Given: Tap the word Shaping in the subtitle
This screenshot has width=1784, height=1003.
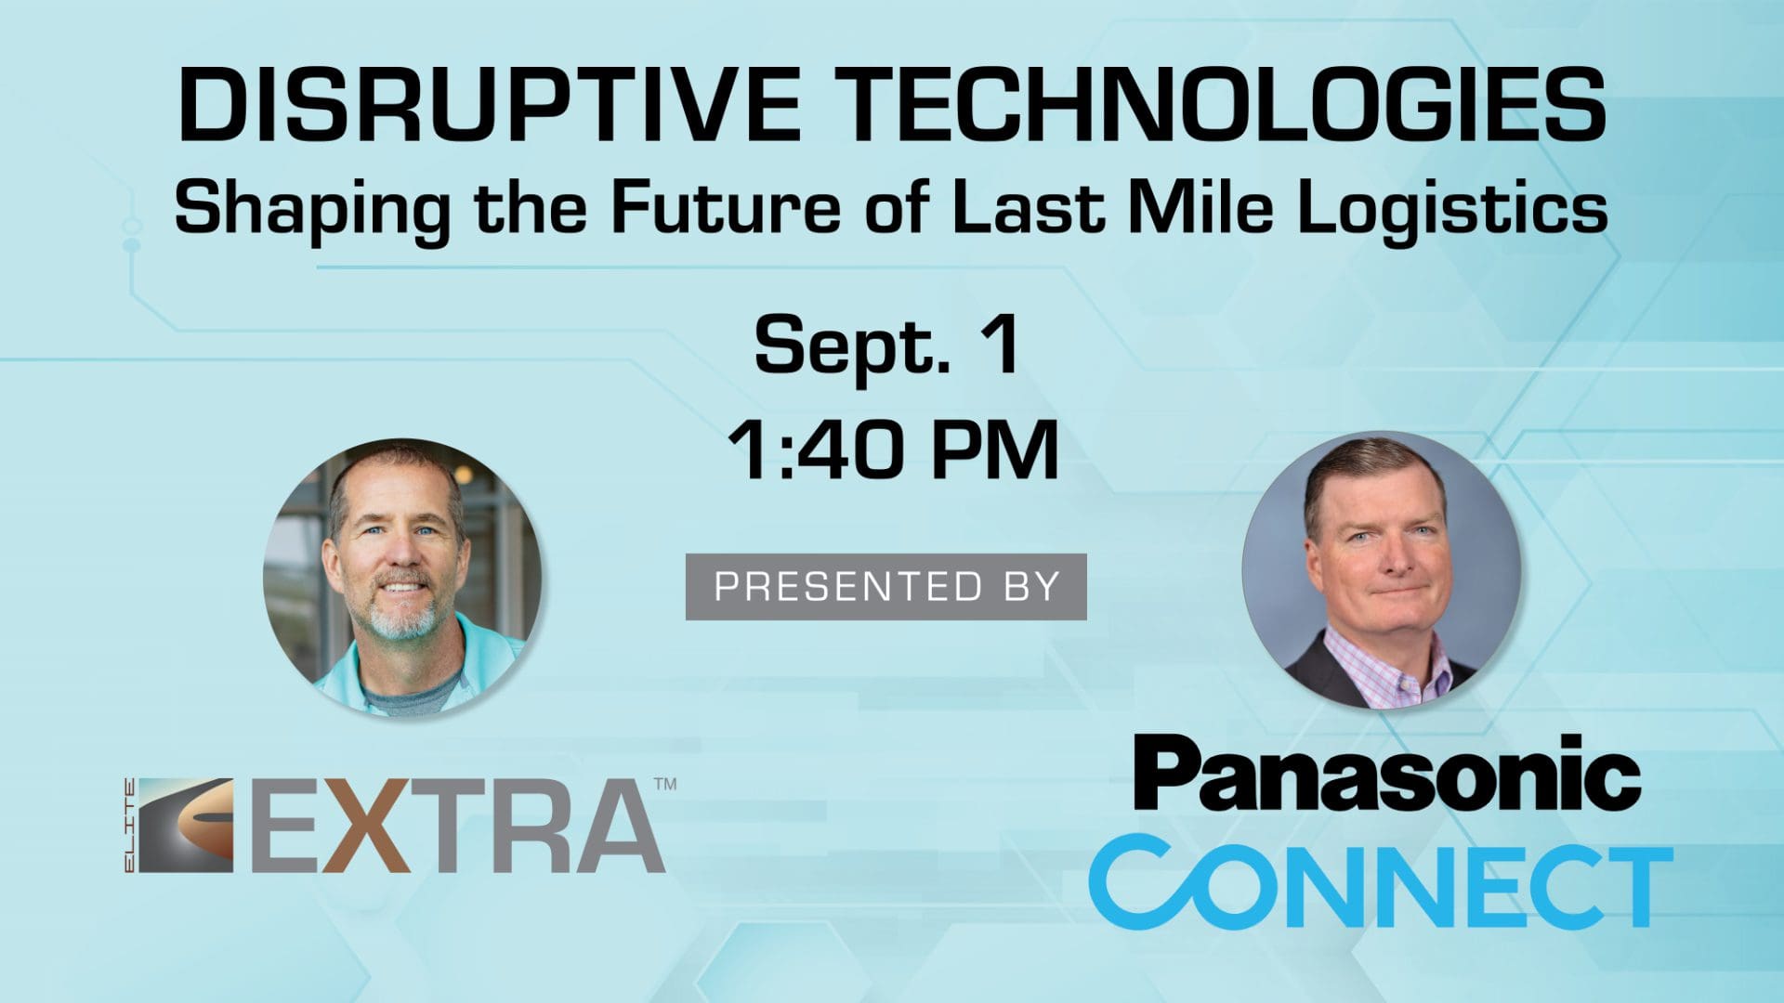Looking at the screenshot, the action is coord(312,209).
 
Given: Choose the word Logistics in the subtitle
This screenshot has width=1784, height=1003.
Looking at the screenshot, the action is coord(1452,209).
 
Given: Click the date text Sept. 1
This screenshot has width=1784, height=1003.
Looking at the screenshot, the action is coord(887,345).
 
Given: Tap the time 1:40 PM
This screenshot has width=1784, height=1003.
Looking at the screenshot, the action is coord(892,449).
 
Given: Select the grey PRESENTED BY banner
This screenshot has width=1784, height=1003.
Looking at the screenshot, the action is coord(886,586).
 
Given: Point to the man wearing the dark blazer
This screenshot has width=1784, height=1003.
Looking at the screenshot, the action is coord(1382,569).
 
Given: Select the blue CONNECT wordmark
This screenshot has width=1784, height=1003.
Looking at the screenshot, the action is coord(1381,879).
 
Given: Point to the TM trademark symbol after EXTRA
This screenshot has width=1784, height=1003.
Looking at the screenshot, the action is coord(665,785).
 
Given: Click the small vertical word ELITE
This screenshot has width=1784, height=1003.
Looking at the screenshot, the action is coord(129,826).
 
